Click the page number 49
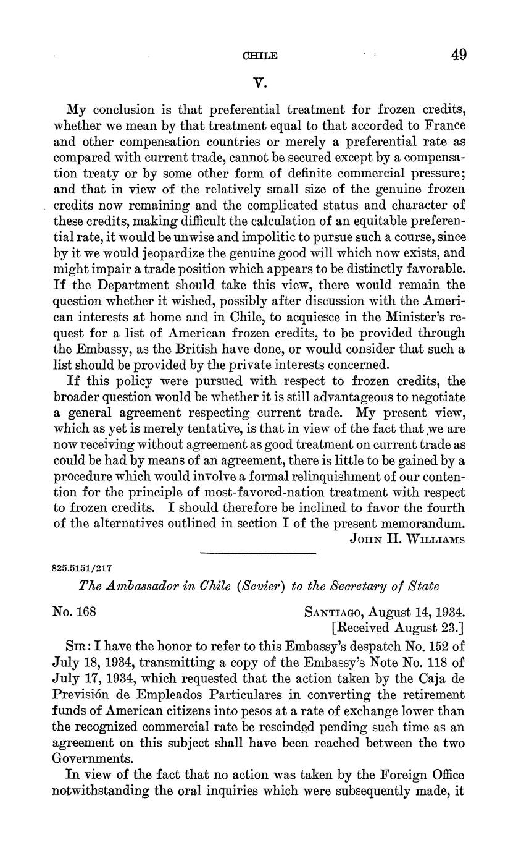(x=458, y=55)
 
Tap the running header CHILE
(x=260, y=56)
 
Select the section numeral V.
(x=260, y=82)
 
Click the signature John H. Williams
(x=407, y=538)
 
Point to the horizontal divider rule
(x=259, y=553)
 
